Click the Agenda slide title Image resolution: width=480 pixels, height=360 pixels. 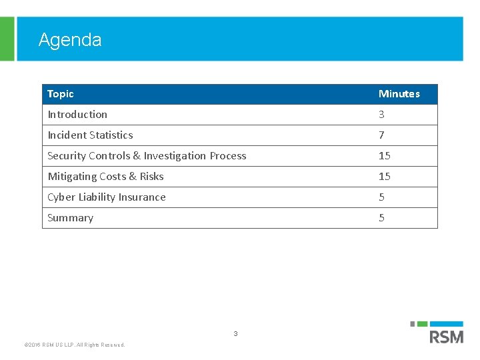coord(70,40)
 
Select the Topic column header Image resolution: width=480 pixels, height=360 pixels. coord(61,94)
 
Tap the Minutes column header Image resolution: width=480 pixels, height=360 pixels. coord(399,94)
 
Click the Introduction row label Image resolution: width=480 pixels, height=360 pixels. coord(77,115)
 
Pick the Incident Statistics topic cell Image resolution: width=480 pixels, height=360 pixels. coord(90,135)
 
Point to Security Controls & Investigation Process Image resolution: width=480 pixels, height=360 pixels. coord(147,156)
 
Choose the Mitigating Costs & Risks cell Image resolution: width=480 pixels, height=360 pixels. coord(105,177)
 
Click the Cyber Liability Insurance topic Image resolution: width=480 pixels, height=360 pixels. coord(107,197)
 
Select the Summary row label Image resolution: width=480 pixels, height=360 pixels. coord(70,218)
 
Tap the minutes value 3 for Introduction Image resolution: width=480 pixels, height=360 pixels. coord(381,115)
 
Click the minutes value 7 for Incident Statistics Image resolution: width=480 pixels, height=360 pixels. coord(381,135)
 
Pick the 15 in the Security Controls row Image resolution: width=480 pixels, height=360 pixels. coord(385,156)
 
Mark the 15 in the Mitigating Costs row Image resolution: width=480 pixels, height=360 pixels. coord(385,177)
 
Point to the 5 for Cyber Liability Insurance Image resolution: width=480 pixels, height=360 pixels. coord(381,197)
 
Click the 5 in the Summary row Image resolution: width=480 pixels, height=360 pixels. coord(381,218)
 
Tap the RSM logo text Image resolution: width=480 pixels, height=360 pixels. coord(447,337)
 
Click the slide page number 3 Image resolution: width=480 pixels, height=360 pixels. coord(235,333)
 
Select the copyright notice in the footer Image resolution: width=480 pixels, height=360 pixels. coord(74,345)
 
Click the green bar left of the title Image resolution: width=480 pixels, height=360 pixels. coord(7,39)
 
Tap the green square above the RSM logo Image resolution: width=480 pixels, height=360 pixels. coord(422,324)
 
